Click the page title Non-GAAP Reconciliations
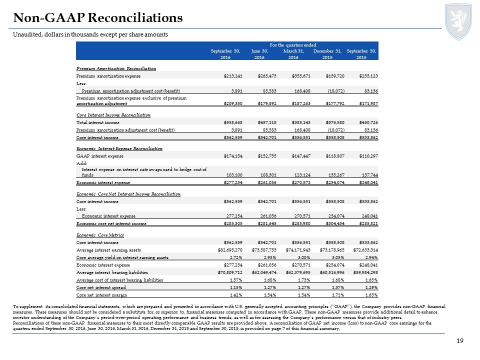tap(98, 18)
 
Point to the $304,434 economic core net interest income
tap(331, 224)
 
